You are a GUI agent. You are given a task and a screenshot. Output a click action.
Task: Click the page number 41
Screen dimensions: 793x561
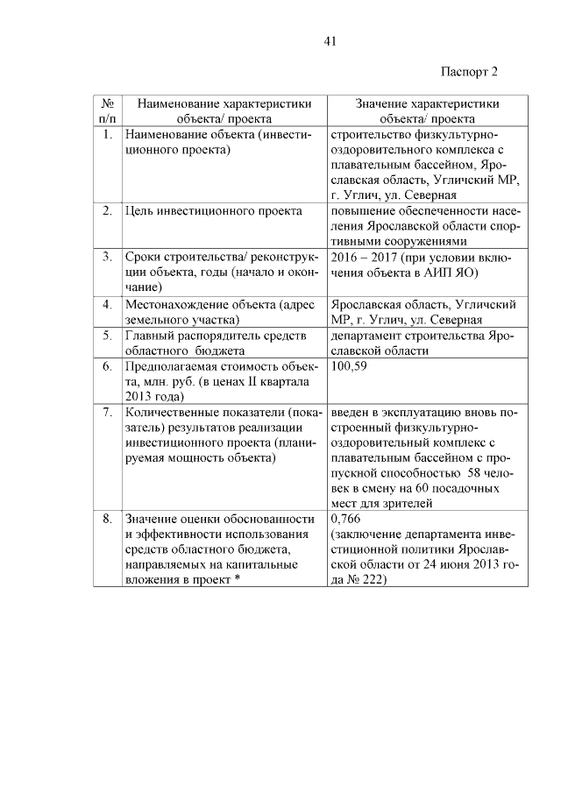point(330,41)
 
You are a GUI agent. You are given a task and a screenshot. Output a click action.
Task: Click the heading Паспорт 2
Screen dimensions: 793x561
point(469,71)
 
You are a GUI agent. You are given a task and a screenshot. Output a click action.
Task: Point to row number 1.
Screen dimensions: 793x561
point(106,135)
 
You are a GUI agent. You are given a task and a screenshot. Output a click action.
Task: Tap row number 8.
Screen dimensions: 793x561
point(106,519)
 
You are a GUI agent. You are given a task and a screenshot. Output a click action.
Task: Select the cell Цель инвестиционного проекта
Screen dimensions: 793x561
point(215,211)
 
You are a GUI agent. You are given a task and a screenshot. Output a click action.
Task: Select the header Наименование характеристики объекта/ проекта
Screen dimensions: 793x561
point(224,110)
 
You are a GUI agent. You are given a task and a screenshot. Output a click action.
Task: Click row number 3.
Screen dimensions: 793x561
point(106,258)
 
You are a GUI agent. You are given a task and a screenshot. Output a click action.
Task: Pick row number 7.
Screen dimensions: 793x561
point(106,411)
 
